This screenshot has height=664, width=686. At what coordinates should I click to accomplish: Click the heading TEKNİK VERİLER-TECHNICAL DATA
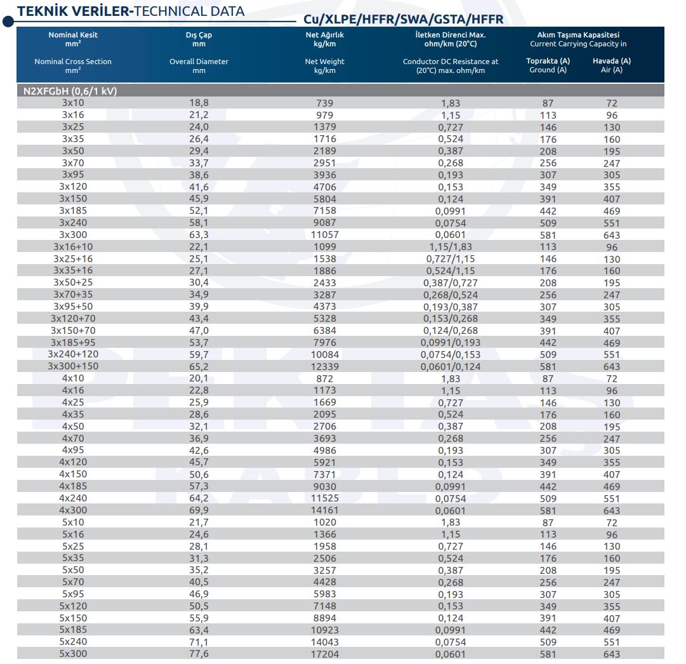click(x=130, y=11)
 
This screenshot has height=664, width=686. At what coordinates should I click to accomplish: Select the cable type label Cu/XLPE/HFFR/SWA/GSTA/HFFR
click(x=404, y=19)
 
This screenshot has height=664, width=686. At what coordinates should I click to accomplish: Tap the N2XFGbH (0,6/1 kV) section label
click(x=70, y=91)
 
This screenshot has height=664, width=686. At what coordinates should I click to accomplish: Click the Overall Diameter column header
click(x=199, y=65)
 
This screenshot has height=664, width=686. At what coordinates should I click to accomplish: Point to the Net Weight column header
click(x=325, y=65)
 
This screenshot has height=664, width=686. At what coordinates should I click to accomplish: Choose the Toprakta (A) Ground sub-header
click(x=548, y=65)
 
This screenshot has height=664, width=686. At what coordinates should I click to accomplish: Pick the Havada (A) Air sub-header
click(x=612, y=65)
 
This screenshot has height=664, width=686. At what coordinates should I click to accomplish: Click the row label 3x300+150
click(x=73, y=366)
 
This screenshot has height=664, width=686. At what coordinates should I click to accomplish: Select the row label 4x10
click(x=73, y=378)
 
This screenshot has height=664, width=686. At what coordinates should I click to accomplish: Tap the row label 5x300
click(x=73, y=653)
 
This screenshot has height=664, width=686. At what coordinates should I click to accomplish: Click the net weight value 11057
click(x=325, y=235)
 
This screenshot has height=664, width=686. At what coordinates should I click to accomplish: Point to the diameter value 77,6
click(x=199, y=653)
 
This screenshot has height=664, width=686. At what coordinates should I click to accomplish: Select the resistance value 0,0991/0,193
click(x=451, y=342)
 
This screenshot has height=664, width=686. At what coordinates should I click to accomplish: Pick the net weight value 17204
click(x=325, y=654)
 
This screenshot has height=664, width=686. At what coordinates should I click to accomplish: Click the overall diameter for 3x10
click(x=199, y=103)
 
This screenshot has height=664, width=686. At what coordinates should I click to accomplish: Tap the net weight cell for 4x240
click(x=325, y=498)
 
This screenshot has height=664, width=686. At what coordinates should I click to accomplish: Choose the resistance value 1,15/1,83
click(x=451, y=246)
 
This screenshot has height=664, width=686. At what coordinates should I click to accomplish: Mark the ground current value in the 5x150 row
click(x=548, y=618)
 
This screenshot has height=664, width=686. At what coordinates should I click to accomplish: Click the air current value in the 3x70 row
click(x=612, y=163)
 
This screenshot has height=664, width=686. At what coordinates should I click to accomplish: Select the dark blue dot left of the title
click(x=8, y=21)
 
